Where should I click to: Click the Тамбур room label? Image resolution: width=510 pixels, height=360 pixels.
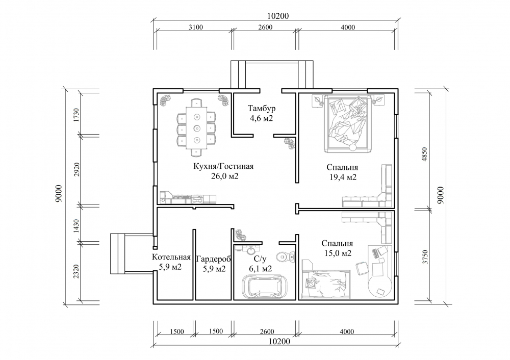[261, 108]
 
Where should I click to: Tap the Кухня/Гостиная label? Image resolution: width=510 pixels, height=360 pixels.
[223, 167]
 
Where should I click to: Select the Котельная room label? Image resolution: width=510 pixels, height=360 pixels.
[171, 257]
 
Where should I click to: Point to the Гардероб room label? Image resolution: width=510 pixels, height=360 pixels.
[214, 259]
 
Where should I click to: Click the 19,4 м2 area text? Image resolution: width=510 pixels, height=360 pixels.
[343, 177]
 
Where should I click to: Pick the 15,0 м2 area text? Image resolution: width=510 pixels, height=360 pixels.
[338, 253]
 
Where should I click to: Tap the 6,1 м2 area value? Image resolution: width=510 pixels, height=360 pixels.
[260, 269]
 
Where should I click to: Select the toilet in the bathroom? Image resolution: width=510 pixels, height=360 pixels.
[285, 257]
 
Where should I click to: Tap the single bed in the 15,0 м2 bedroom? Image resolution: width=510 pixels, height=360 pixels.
[326, 284]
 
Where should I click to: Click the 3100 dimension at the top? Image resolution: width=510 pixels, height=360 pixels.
[196, 28]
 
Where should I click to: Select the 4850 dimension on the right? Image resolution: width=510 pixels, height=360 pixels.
[424, 156]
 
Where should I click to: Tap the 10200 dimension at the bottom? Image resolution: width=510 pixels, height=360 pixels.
[279, 342]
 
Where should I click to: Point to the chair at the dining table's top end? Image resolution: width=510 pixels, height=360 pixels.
[197, 103]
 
